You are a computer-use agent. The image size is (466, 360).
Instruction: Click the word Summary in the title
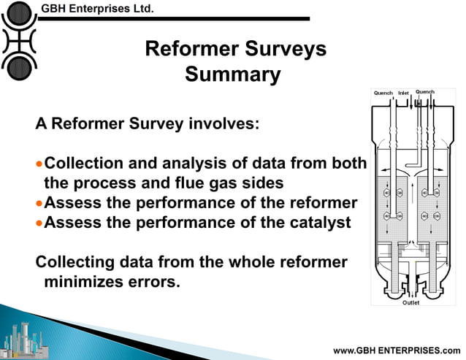click(x=233, y=74)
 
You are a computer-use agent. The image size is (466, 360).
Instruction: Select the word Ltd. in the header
click(x=142, y=9)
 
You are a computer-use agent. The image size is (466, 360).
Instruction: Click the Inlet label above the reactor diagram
click(x=404, y=93)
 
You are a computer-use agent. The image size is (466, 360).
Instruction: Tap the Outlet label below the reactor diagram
click(x=411, y=302)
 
